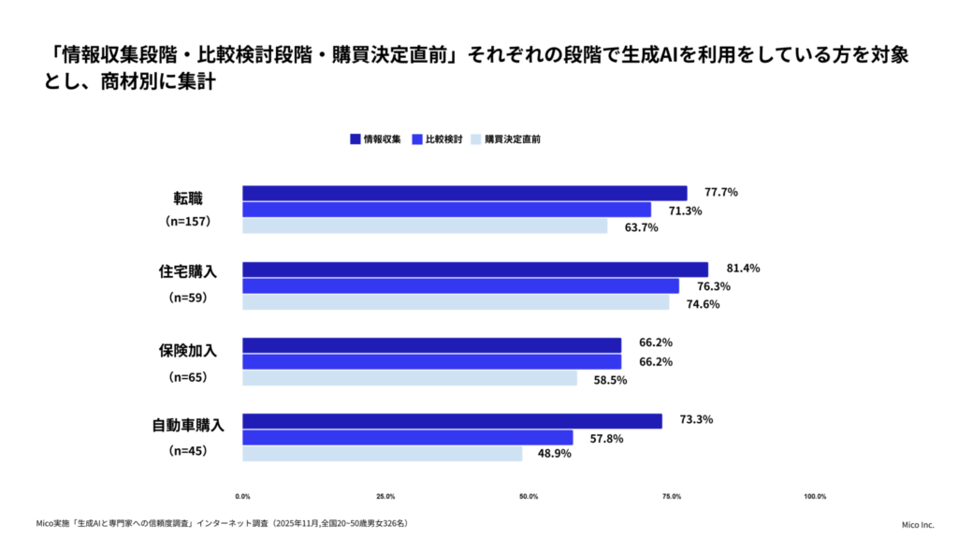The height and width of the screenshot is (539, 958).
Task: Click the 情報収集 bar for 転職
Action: tap(465, 193)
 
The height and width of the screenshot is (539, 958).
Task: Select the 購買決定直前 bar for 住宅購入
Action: tap(456, 302)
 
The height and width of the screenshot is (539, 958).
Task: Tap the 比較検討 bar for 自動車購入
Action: tap(408, 437)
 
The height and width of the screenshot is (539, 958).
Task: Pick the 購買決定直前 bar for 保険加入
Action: tap(410, 378)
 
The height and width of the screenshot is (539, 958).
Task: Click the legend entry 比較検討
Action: tap(437, 138)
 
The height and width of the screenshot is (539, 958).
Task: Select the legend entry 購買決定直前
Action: tap(506, 138)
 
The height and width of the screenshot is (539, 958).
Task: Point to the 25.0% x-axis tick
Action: tap(385, 496)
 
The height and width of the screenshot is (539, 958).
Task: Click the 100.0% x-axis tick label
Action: tap(814, 496)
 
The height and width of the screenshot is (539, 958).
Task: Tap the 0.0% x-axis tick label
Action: tap(242, 496)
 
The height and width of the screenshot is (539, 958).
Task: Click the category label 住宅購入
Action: tap(187, 272)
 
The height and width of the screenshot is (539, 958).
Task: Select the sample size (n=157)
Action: tap(188, 222)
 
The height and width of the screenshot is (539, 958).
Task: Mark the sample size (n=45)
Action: tap(188, 450)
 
